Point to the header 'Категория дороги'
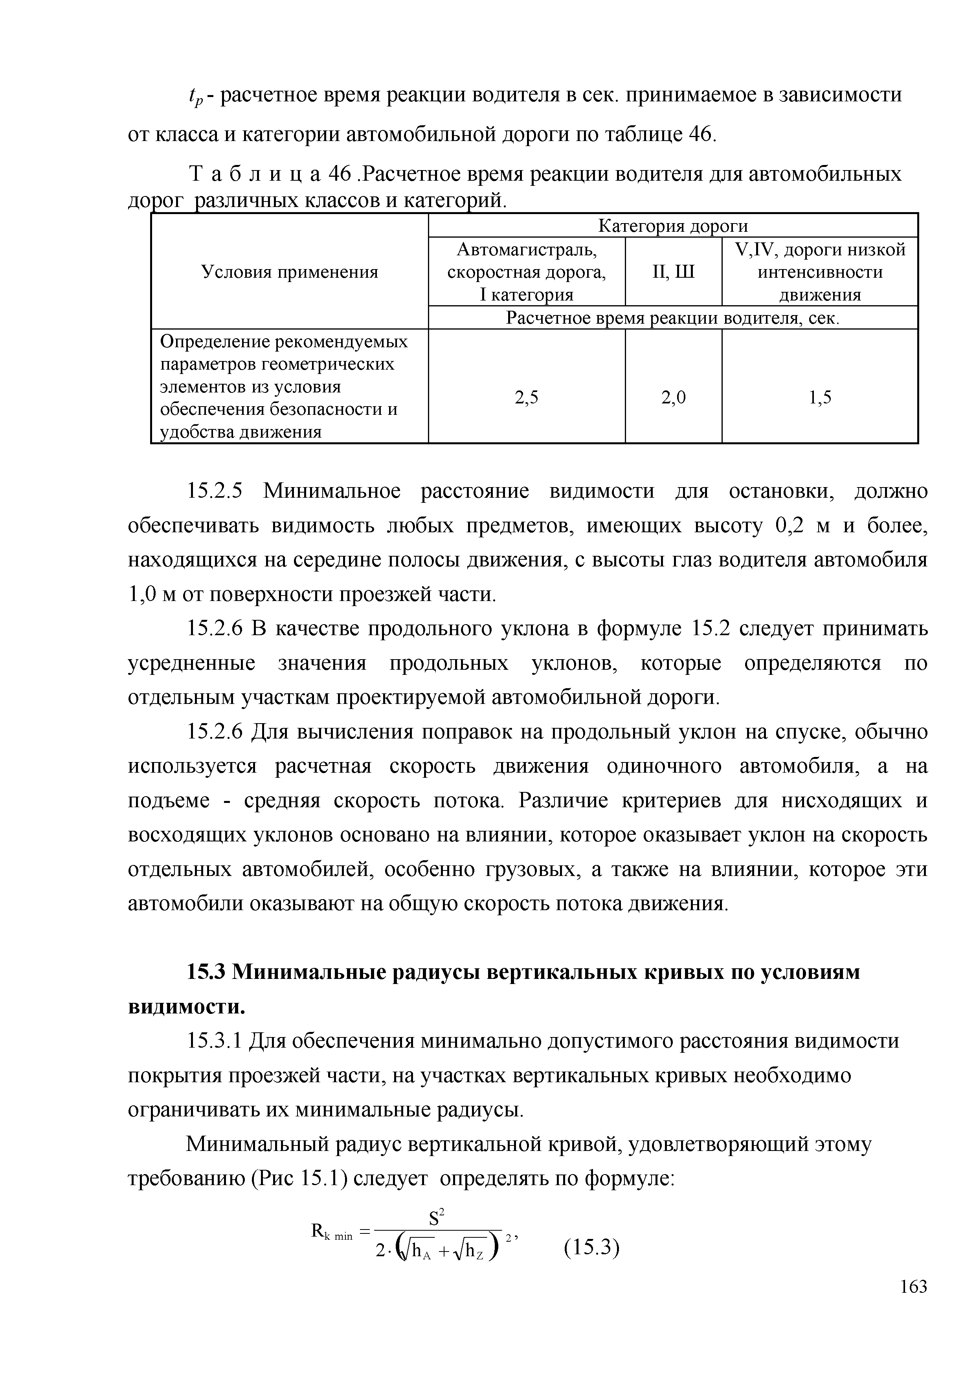673,226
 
